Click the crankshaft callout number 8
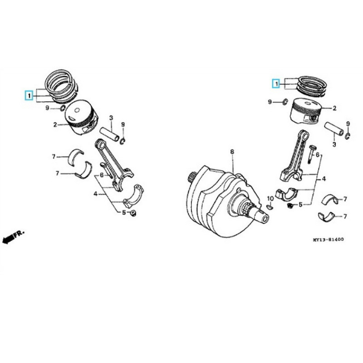coord(232,152)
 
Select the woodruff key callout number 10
coord(270,199)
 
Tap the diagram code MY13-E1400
coord(328,240)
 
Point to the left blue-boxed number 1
coord(29,95)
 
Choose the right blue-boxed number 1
coord(276,83)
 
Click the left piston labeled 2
coord(81,118)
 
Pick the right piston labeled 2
coord(306,111)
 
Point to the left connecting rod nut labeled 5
coord(133,213)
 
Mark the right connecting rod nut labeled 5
coord(289,205)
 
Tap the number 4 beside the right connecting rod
coord(324,179)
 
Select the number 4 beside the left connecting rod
coord(95,194)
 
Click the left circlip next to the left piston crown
coord(62,108)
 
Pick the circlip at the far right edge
coord(348,136)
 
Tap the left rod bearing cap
coord(133,197)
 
